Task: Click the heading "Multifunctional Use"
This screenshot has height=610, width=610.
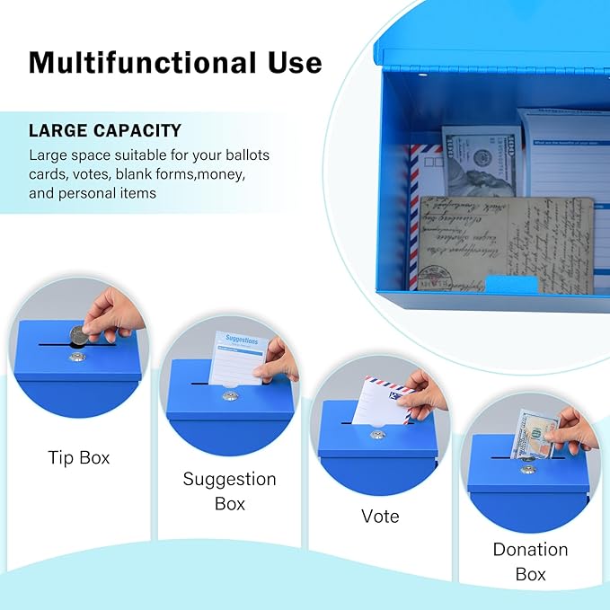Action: coord(175,62)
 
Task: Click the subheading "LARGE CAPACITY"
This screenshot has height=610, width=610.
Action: coord(105,130)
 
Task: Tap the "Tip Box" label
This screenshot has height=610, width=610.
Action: coord(79,457)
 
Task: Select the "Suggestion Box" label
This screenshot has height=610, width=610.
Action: coord(230,491)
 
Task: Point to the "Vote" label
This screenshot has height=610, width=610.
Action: coord(380,516)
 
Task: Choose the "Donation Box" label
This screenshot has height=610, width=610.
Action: coord(530,561)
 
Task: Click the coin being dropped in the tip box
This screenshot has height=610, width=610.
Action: coord(80,335)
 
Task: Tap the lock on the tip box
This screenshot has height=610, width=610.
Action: coord(78,357)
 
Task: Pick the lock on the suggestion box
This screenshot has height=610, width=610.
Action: coord(230,395)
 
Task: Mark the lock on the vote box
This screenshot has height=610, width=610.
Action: coord(378,435)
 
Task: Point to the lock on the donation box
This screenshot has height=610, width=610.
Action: coord(527,468)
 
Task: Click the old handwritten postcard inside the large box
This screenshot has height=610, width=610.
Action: coord(503,243)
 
